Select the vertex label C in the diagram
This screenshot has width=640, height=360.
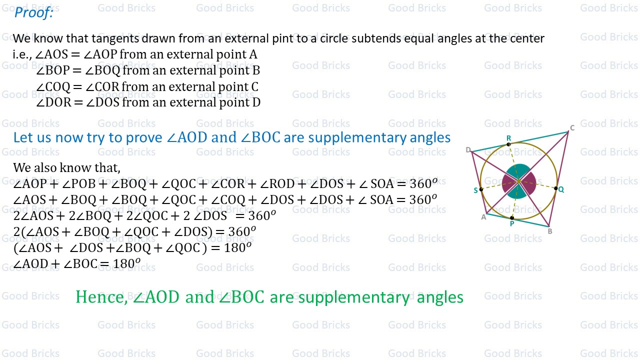click(572, 128)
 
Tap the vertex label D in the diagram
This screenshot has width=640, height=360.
click(468, 150)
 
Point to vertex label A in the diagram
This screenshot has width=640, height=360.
click(483, 216)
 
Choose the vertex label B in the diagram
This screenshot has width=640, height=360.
click(550, 231)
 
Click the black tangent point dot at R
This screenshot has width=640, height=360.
click(508, 144)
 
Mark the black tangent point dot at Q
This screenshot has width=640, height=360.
click(556, 188)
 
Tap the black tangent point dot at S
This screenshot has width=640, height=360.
click(481, 189)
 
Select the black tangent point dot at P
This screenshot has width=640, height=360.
click(511, 218)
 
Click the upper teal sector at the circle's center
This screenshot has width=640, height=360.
click(519, 170)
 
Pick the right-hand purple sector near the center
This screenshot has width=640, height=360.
click(529, 183)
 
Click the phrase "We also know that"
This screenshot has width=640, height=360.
click(66, 167)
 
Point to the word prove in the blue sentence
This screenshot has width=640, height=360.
click(145, 137)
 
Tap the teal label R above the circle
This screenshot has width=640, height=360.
click(508, 138)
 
